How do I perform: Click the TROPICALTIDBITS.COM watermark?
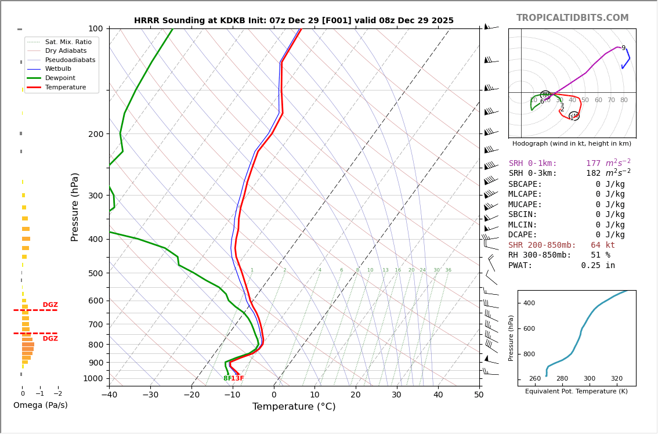point(572,18)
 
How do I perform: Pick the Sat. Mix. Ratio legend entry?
point(68,42)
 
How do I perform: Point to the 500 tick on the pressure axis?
point(96,273)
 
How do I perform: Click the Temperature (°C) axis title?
point(294,407)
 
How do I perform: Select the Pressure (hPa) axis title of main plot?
point(75,207)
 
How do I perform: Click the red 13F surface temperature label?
point(237,379)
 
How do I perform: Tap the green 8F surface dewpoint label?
point(227,379)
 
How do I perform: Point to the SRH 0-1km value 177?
point(593,164)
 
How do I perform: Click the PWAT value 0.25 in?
point(598,266)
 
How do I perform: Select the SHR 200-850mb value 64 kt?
point(603,245)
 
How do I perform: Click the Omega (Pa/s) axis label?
point(40,406)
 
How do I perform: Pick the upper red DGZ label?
point(50,305)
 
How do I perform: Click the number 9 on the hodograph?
point(623,48)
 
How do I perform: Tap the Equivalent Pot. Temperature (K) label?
point(576,392)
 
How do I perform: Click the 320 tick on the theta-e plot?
point(616,379)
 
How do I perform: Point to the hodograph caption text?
point(572,143)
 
